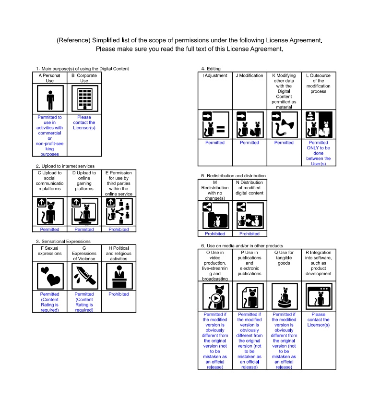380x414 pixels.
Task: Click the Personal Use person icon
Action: (x=50, y=98)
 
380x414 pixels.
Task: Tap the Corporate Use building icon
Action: (x=85, y=98)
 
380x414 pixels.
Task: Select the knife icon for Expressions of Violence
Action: (x=85, y=276)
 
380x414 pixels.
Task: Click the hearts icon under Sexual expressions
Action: (x=50, y=276)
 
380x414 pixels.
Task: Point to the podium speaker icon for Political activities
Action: (x=119, y=276)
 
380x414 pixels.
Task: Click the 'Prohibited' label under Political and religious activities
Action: (x=119, y=294)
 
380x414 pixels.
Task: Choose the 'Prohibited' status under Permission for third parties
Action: (x=119, y=230)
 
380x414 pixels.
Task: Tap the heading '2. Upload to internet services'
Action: (x=65, y=166)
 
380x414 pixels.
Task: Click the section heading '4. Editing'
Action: (x=211, y=69)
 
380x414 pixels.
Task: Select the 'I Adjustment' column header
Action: (x=215, y=75)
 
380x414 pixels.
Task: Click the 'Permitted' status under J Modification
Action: (x=249, y=143)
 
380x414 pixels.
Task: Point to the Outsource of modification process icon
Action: (x=319, y=124)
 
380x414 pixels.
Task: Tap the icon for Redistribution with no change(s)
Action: (x=216, y=216)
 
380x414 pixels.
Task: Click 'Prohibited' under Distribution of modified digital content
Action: (x=249, y=234)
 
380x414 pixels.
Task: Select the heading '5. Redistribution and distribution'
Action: (x=233, y=176)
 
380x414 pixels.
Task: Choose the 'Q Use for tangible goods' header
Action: (x=284, y=258)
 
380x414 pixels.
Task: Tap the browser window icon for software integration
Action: (x=319, y=296)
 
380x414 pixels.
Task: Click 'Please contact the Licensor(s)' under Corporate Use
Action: (x=84, y=122)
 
